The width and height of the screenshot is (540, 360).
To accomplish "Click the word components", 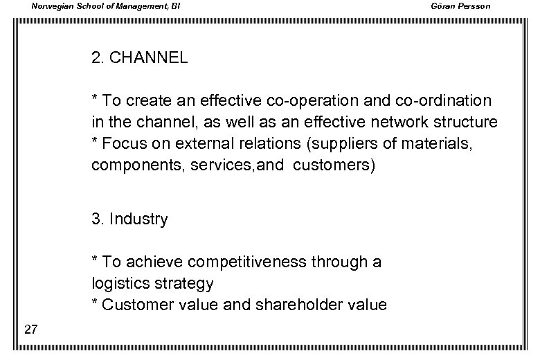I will (132, 167).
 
